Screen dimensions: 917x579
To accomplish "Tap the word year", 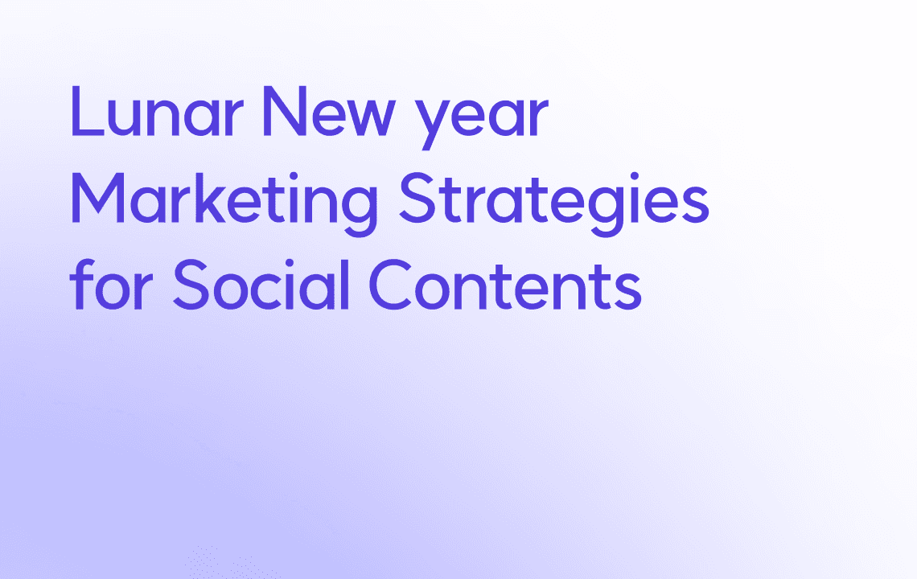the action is tap(481, 119).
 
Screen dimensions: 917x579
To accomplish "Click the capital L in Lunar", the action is tap(87, 111).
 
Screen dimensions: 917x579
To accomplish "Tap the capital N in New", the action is tap(286, 111).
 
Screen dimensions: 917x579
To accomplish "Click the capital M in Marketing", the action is tap(97, 198).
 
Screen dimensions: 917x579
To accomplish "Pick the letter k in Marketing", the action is tap(210, 197).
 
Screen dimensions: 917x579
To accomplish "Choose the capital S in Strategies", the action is tap(417, 198).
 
